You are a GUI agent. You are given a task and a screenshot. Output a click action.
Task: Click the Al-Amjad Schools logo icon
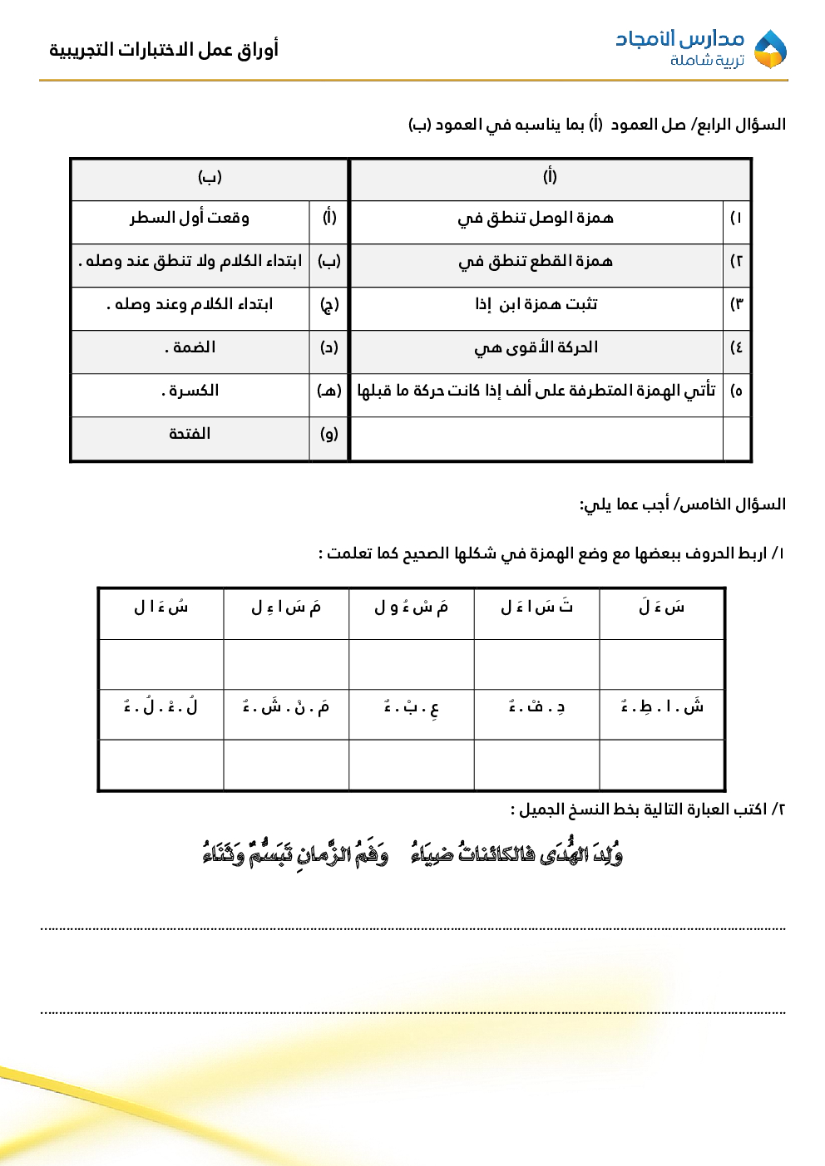(x=769, y=49)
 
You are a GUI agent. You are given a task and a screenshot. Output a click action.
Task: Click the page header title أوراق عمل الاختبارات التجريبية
(x=164, y=50)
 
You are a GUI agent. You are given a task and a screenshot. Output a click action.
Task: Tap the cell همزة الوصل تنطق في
(x=536, y=218)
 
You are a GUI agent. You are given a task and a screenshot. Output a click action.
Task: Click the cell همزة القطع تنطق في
(x=536, y=261)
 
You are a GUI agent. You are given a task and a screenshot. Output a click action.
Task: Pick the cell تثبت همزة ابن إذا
(x=536, y=304)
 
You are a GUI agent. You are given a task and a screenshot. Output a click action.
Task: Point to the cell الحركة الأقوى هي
(x=536, y=347)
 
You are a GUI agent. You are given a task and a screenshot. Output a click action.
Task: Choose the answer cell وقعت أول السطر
(x=190, y=218)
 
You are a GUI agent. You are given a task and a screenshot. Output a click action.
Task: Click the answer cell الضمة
(x=190, y=347)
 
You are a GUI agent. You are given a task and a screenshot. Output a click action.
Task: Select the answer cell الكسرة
(x=190, y=391)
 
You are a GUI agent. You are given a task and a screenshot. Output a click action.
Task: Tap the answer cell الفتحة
(x=190, y=434)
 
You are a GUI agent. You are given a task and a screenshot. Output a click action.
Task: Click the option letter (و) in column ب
(x=329, y=434)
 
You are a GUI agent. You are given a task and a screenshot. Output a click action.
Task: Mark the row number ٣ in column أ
(x=736, y=304)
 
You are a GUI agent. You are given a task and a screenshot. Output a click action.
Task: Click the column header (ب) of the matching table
(x=210, y=176)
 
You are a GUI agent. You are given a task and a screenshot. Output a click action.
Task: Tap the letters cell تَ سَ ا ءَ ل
(x=536, y=608)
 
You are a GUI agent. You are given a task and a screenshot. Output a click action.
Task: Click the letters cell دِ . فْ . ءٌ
(x=536, y=707)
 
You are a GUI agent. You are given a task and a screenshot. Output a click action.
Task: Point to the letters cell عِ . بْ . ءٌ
(x=411, y=707)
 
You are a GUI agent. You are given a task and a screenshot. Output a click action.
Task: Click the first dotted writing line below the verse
(x=412, y=928)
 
